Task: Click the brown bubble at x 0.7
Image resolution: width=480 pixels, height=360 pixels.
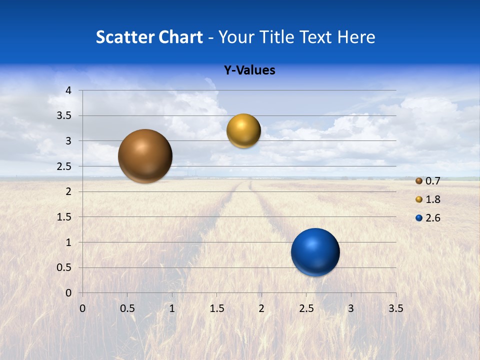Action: (145, 156)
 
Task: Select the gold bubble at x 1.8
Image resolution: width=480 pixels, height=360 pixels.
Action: (243, 131)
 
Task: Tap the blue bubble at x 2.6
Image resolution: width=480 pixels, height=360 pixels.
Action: (315, 252)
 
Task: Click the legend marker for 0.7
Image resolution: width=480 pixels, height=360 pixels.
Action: (419, 181)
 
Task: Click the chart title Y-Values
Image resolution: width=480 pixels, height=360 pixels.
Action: (249, 70)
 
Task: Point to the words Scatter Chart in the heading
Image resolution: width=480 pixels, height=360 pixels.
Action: (149, 37)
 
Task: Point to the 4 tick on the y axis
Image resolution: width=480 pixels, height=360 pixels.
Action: (69, 90)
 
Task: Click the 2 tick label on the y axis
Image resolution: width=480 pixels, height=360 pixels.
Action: (69, 191)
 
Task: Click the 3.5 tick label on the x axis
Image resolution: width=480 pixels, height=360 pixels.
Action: (395, 308)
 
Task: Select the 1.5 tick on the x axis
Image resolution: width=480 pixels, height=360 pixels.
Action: (216, 308)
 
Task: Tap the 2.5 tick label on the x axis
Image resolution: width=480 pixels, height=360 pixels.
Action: (306, 308)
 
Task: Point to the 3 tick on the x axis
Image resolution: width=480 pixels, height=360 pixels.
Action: (351, 308)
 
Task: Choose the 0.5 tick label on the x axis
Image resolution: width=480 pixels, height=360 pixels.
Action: (127, 308)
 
